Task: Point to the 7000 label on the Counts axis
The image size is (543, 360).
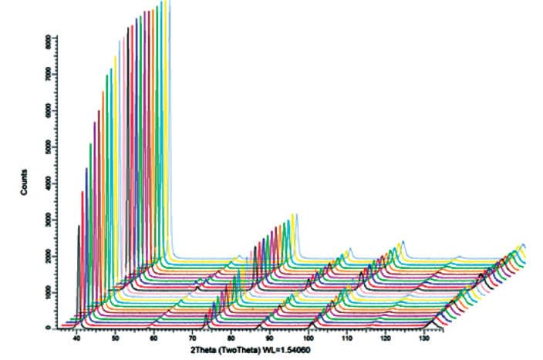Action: (x=49, y=75)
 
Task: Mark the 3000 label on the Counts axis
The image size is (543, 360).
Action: (x=49, y=221)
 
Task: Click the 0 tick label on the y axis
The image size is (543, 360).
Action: (x=49, y=328)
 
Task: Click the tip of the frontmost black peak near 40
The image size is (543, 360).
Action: (x=79, y=227)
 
